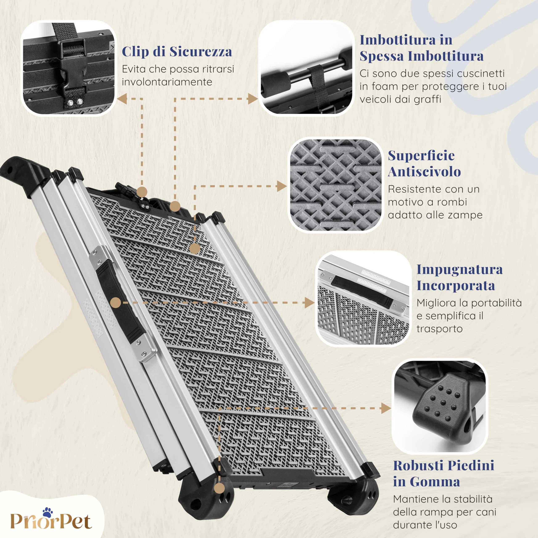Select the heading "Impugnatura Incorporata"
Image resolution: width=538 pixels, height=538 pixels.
point(459,277)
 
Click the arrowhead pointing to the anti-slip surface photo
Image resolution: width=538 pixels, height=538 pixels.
point(282,186)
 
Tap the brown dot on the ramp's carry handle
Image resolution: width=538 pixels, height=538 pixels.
point(116,303)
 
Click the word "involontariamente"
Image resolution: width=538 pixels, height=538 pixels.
point(167,82)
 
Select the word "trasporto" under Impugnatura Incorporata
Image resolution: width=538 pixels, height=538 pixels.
point(439,329)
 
